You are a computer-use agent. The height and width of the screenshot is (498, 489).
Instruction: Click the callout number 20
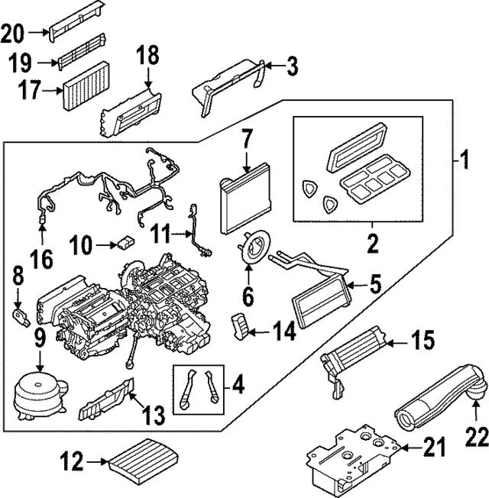(x=14, y=33)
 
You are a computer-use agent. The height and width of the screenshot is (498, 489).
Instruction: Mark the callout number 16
(x=43, y=260)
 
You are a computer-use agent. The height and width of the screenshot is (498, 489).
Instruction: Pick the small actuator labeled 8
(x=21, y=315)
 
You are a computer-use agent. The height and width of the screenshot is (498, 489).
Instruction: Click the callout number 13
(x=152, y=416)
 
